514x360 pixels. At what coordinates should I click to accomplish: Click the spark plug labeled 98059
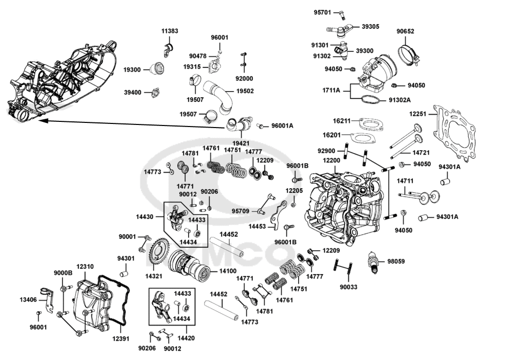(373, 262)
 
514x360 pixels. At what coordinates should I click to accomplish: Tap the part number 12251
(417, 114)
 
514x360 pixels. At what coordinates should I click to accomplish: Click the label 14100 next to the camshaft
(228, 271)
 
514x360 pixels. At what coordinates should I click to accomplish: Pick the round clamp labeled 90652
(408, 54)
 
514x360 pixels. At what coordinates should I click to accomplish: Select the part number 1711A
(331, 90)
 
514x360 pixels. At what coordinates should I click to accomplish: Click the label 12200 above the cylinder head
(332, 160)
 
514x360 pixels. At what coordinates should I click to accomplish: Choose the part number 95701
(322, 12)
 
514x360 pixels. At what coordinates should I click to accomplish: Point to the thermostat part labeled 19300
(156, 68)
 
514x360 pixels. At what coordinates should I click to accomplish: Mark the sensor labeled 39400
(155, 93)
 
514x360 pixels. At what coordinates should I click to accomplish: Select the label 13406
(28, 300)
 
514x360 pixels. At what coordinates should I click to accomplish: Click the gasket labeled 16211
(372, 124)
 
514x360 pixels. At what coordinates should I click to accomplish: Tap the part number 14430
(144, 217)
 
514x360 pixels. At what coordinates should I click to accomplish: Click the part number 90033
(348, 287)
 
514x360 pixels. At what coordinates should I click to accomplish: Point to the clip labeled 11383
(169, 50)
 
